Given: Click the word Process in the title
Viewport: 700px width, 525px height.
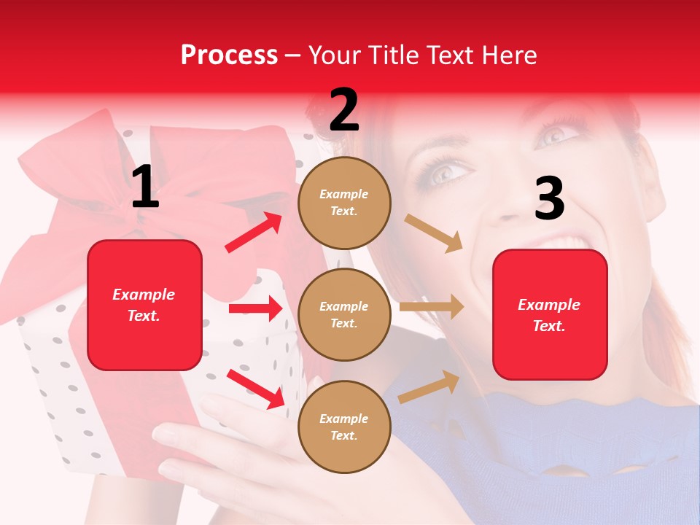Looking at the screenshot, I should pos(229,55).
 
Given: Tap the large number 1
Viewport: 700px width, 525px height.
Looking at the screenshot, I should pos(145,187).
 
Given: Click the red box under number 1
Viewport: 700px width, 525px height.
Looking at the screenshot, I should pos(144,305).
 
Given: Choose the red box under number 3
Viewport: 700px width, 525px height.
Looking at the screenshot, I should pos(550,314).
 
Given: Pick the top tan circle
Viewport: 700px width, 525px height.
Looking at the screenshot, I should pos(344,203).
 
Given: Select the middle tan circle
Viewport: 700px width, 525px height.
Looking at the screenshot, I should pos(344,314).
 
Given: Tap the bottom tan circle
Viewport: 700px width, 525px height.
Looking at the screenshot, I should pos(344,427).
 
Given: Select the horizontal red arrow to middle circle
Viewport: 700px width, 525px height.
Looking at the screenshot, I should pos(255,308).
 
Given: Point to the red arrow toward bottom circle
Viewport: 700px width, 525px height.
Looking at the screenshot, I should pos(255,388).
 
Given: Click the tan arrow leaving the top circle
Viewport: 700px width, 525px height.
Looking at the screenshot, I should pos(433,233).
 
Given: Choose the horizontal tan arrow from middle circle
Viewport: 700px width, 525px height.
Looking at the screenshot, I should pos(432,307).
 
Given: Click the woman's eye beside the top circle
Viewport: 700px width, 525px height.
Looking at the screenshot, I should pos(446,174).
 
